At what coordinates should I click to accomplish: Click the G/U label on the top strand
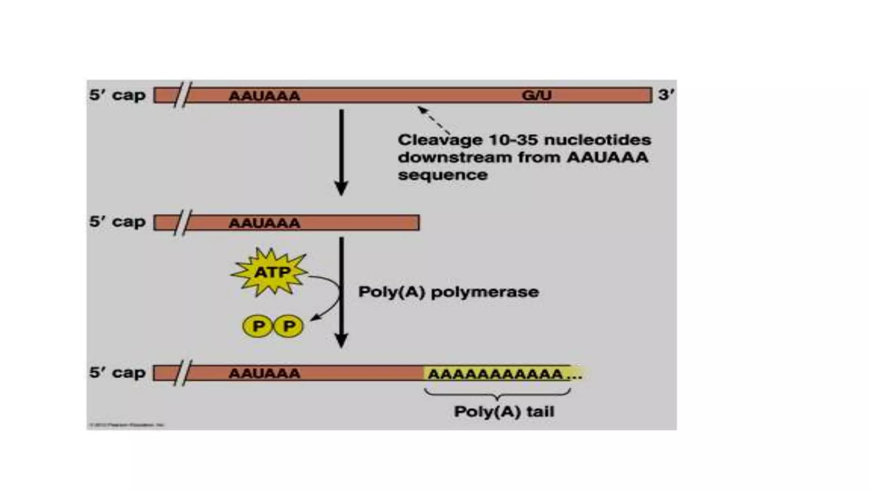[536, 95]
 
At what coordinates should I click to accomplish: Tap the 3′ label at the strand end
[666, 94]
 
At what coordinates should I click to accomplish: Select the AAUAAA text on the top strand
[264, 96]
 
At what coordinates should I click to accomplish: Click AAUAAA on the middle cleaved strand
[264, 223]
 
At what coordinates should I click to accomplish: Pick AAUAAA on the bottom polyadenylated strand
[264, 373]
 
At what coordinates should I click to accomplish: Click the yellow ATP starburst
[270, 272]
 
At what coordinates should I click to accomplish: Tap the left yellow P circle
[258, 326]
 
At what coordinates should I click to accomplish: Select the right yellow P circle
[289, 326]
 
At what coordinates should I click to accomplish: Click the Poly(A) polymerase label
[448, 292]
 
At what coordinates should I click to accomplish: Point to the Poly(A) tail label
[504, 412]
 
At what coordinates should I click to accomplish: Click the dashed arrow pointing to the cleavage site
[434, 120]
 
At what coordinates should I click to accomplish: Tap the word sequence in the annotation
[442, 175]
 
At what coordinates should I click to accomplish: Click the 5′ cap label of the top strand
[117, 95]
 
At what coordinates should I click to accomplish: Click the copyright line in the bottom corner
[126, 424]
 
